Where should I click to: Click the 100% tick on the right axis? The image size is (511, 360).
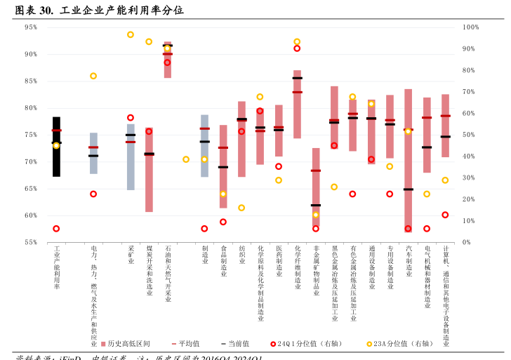(x=471, y=27)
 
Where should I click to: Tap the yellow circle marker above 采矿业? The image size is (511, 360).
(x=131, y=34)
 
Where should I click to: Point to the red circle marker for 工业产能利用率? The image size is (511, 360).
(x=56, y=229)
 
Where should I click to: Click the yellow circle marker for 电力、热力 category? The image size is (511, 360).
(x=93, y=76)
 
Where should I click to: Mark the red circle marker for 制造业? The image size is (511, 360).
(x=204, y=229)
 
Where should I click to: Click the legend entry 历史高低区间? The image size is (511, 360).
(x=126, y=344)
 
